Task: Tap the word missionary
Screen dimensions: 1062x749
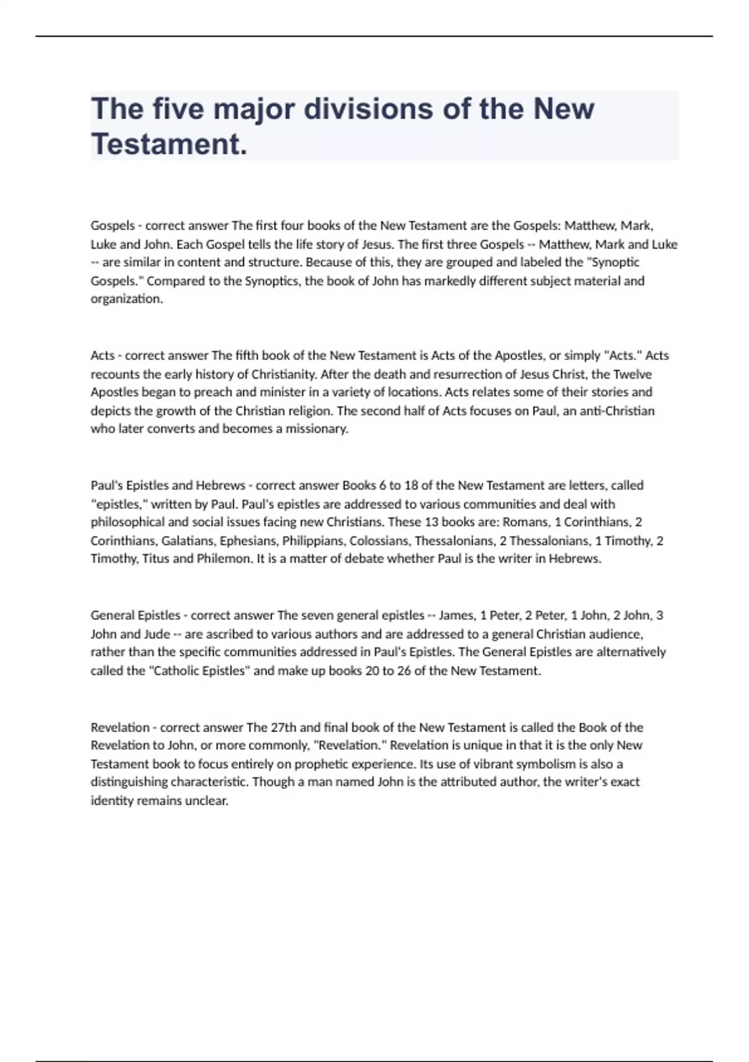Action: [x=316, y=429]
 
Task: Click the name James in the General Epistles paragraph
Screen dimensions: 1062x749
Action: [x=456, y=615]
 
